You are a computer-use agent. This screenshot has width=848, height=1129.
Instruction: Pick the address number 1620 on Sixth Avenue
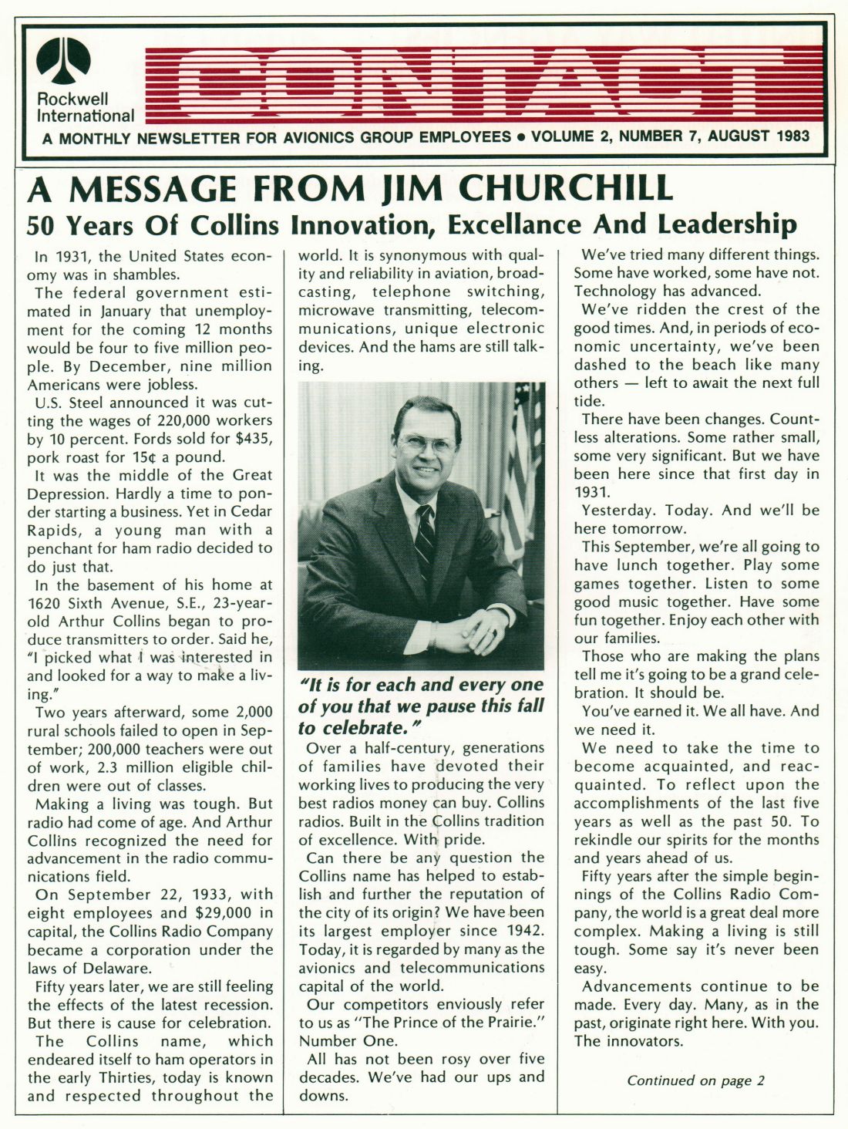pos(48,603)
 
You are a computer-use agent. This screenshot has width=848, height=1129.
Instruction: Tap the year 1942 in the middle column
pos(520,931)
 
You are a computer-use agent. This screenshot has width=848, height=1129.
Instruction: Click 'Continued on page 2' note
pos(695,1080)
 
